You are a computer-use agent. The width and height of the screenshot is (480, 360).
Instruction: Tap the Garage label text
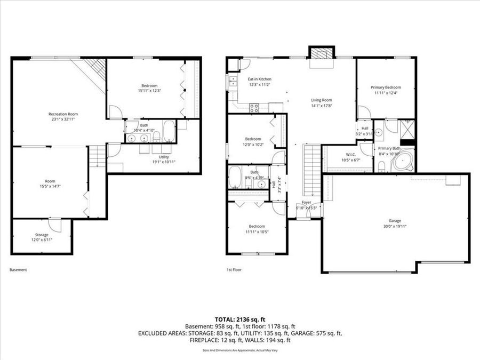(395, 221)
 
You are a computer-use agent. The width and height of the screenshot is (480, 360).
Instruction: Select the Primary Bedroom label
(386, 87)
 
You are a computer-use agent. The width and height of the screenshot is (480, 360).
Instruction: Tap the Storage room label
(42, 235)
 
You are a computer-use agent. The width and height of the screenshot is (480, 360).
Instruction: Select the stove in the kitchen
(255, 107)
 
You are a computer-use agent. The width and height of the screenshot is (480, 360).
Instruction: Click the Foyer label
(306, 203)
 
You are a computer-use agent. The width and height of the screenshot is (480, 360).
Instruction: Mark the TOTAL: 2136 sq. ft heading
(240, 319)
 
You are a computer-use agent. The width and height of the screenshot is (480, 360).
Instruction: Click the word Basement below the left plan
(18, 270)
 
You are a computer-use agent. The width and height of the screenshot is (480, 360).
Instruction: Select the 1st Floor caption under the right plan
(234, 270)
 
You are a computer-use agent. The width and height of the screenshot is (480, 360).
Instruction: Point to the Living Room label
(322, 100)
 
